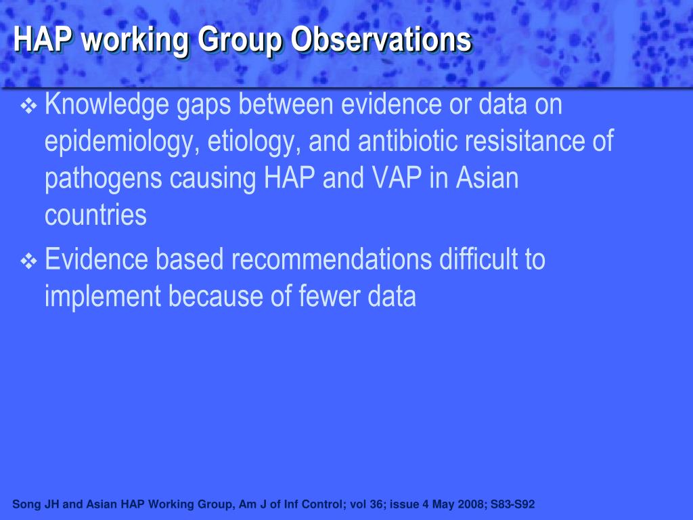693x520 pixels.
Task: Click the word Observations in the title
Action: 380,40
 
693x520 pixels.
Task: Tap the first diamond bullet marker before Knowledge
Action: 30,106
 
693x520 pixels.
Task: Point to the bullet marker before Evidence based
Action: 30,261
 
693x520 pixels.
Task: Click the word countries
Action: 95,216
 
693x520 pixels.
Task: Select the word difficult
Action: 476,260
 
